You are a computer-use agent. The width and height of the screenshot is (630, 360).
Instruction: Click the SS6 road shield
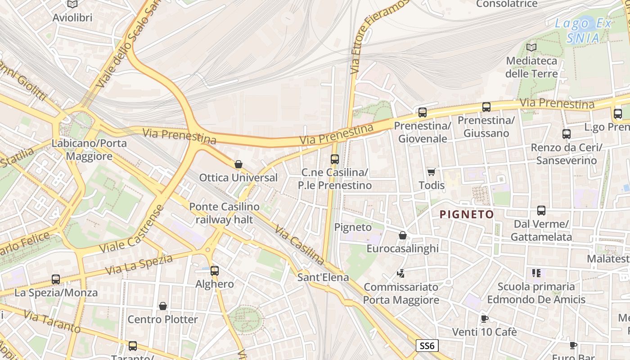(426, 346)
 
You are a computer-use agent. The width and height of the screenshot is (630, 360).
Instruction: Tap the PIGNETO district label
(467, 215)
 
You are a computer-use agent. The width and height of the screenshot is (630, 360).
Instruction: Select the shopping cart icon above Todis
(432, 172)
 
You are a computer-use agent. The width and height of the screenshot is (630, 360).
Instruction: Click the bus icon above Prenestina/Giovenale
(422, 112)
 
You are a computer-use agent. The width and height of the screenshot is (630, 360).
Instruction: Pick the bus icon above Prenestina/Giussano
(486, 107)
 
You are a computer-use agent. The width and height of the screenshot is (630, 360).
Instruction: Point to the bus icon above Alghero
(215, 271)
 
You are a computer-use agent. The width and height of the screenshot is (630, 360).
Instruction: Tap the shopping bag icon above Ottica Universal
(238, 164)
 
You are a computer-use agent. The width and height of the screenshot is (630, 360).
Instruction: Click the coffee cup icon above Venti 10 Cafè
(484, 319)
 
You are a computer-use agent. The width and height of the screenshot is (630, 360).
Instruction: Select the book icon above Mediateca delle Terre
(531, 47)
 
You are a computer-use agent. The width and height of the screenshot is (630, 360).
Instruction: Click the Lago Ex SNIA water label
(583, 31)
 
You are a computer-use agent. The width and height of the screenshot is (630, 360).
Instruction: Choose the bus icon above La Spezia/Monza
(56, 279)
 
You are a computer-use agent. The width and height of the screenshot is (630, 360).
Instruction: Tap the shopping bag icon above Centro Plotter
(163, 306)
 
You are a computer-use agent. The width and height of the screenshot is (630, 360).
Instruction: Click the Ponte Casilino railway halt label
(224, 213)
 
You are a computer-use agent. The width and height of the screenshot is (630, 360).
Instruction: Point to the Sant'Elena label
(323, 277)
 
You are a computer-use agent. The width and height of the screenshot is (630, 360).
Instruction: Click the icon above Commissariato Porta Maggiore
(400, 273)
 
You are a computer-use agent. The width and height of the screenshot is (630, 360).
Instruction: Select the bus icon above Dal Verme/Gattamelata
(541, 211)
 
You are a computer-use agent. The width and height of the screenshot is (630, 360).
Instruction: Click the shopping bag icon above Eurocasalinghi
(403, 235)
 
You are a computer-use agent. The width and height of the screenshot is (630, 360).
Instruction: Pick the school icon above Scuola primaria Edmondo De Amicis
(536, 273)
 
